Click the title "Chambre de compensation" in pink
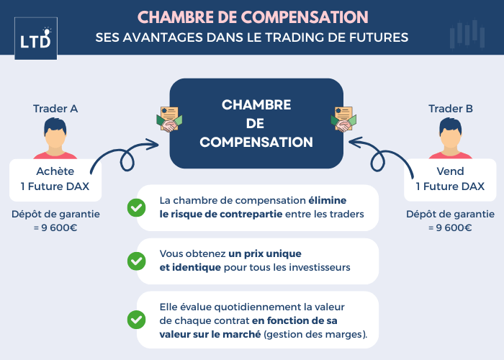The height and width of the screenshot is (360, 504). pos(252,16)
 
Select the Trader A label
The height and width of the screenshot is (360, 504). pos(55,109)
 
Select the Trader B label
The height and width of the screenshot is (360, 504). pos(451,109)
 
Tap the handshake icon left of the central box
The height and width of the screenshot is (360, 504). pos(170,120)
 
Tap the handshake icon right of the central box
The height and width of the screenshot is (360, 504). pos(343,120)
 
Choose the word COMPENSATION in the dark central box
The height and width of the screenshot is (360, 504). pos(256,142)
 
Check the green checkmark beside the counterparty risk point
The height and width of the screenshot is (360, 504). pos(136,207)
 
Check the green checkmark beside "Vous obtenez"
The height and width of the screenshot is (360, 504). pos(136,261)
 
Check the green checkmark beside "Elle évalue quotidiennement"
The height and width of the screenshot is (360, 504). pos(136,318)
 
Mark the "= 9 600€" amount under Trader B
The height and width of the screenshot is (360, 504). pos(451,228)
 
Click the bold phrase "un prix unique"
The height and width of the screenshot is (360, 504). pos(265,254)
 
